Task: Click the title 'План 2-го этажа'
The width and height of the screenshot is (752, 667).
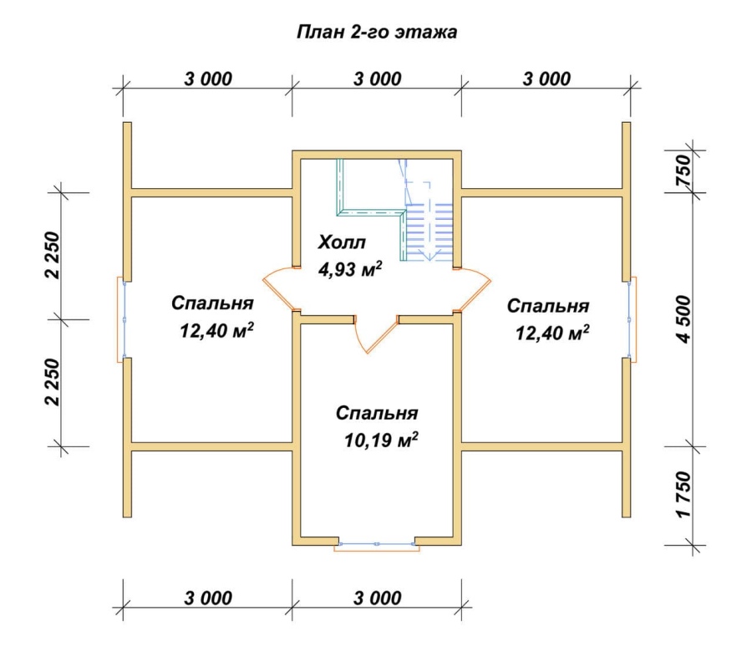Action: (377, 32)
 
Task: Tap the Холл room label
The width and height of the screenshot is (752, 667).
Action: (342, 242)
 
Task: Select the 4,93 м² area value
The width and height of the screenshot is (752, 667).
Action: (350, 269)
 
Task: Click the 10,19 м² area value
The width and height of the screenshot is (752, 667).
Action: (381, 440)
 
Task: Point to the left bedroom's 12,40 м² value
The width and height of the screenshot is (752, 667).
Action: (216, 330)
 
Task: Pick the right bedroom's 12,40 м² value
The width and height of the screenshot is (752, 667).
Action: (552, 332)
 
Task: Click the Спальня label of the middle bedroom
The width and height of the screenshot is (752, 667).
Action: (377, 413)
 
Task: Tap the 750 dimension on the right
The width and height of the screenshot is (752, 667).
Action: (683, 171)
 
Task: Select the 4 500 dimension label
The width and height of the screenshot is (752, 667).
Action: (683, 319)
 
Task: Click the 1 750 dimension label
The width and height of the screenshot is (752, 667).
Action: (683, 495)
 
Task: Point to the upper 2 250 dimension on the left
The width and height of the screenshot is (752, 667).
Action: (53, 255)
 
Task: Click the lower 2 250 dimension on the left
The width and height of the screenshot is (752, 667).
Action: (53, 383)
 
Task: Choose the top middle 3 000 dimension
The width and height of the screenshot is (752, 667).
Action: (378, 79)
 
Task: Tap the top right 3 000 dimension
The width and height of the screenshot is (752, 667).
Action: (546, 79)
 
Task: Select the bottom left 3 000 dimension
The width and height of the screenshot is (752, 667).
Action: (208, 598)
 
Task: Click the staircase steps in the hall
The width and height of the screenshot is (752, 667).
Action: (429, 232)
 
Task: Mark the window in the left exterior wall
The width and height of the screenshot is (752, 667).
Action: (122, 319)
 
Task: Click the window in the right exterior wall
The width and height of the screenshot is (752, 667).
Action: (632, 319)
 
